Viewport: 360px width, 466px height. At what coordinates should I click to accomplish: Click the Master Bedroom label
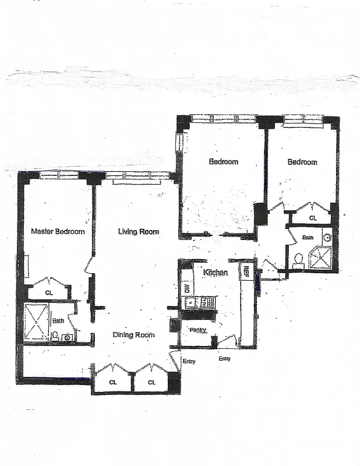point(58,231)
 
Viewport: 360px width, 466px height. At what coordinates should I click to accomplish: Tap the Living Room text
point(139,231)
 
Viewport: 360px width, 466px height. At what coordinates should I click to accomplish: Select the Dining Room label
point(134,335)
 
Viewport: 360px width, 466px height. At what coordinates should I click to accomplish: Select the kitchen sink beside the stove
point(190,302)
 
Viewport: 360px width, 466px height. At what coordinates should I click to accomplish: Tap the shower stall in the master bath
point(36,322)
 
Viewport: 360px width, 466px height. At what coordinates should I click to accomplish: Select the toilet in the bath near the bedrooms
point(298,259)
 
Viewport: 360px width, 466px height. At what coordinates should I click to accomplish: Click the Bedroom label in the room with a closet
point(302,162)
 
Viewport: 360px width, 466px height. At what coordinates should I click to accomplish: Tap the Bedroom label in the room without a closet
point(223,161)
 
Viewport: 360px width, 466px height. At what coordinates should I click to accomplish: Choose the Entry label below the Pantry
point(224,359)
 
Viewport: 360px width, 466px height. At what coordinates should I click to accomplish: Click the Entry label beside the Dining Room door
point(189,362)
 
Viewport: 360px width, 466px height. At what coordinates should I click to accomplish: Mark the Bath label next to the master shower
point(58,320)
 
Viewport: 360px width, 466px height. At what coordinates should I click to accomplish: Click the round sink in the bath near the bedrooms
point(327,237)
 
